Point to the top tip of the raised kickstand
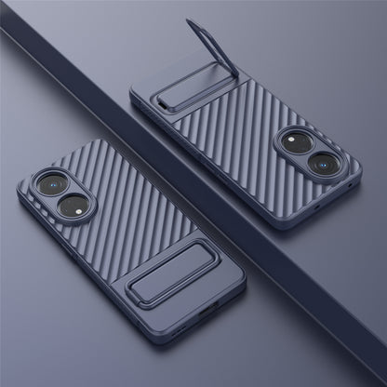(191, 22)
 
